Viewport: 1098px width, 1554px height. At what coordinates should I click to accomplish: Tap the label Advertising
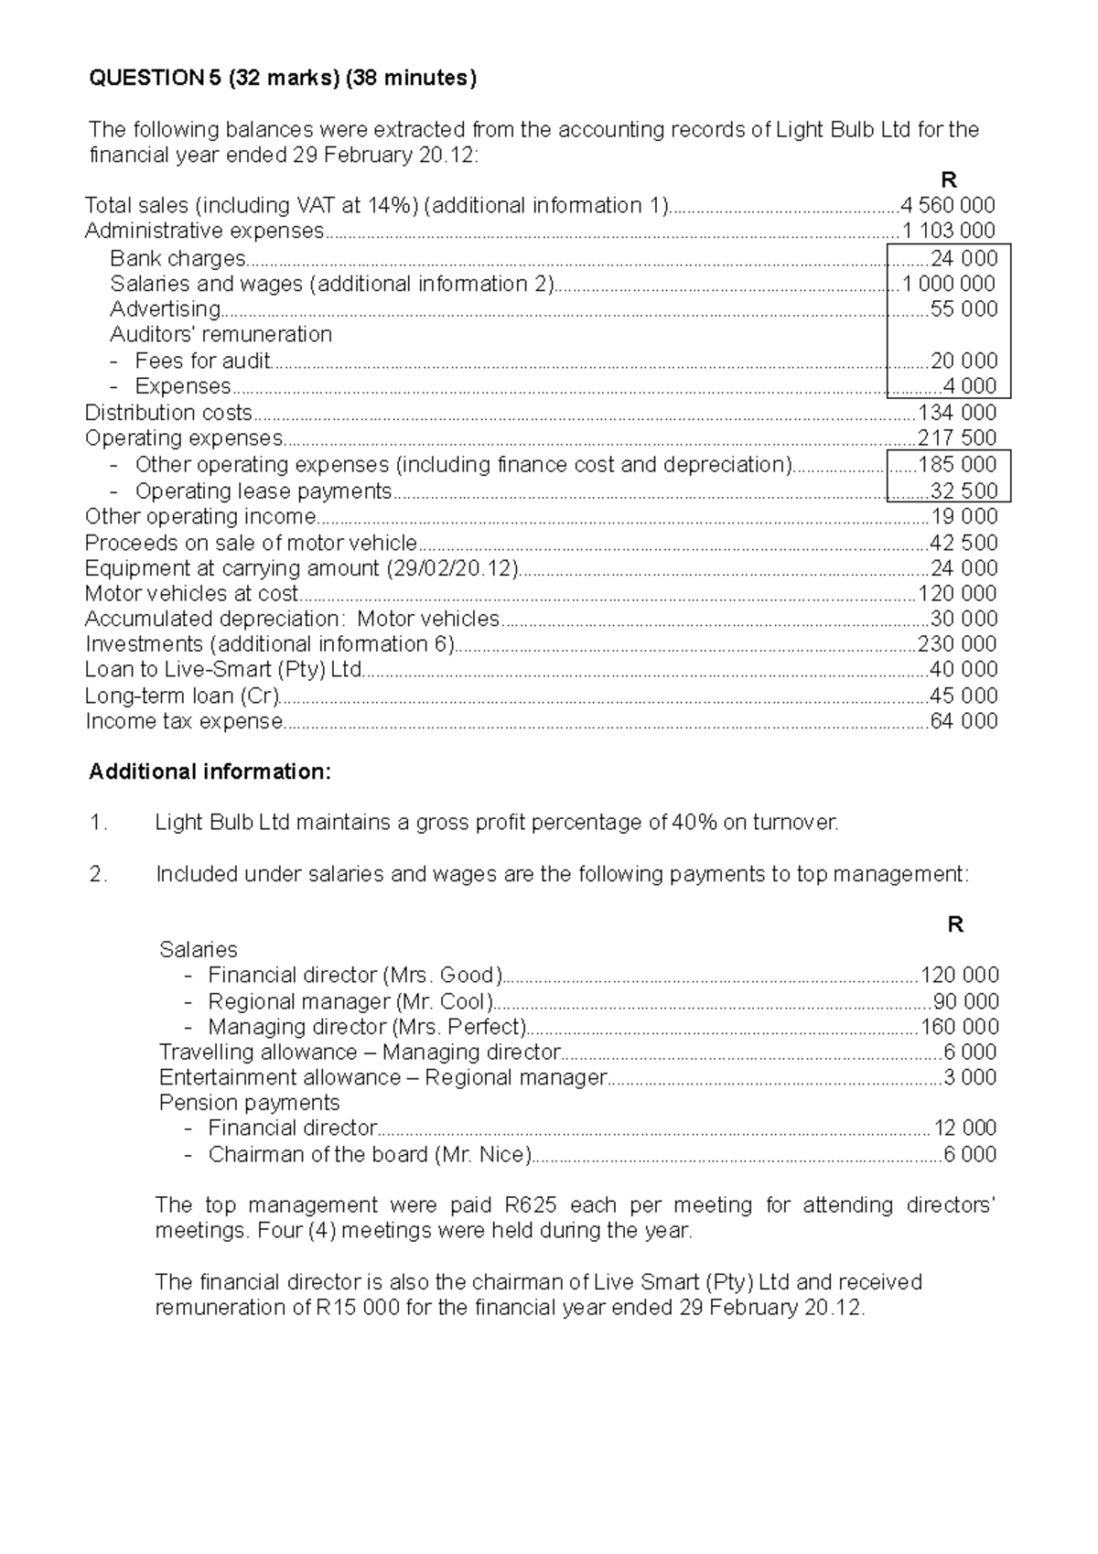click(165, 309)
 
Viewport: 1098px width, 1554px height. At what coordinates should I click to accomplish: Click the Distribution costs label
click(168, 413)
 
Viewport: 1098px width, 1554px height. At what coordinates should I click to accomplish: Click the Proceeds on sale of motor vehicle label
click(251, 543)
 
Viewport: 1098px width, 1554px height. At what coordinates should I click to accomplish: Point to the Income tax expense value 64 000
click(963, 721)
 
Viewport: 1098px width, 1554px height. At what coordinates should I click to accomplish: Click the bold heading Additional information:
click(210, 772)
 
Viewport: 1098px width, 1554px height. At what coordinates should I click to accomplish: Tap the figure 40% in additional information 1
click(694, 823)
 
